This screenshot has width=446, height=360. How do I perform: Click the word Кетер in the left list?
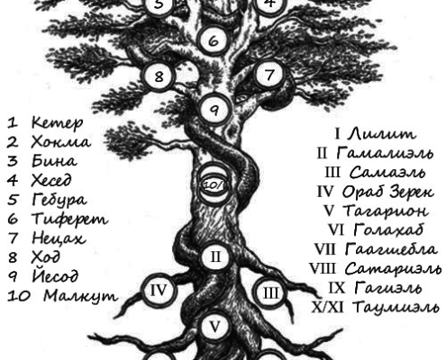(x=57, y=122)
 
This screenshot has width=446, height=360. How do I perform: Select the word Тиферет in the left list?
(x=69, y=219)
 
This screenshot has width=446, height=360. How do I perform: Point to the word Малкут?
(x=80, y=296)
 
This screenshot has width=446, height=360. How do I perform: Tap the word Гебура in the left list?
(x=59, y=200)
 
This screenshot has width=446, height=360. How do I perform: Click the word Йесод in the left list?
(x=55, y=275)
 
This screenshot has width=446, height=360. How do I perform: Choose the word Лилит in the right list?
(x=382, y=133)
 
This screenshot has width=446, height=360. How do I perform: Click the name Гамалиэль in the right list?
(x=385, y=153)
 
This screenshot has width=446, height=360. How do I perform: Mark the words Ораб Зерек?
(x=387, y=192)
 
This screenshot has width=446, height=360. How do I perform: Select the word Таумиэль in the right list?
(x=396, y=307)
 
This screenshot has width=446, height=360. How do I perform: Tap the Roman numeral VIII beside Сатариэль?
(x=322, y=268)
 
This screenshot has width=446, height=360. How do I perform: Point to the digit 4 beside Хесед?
(x=13, y=180)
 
